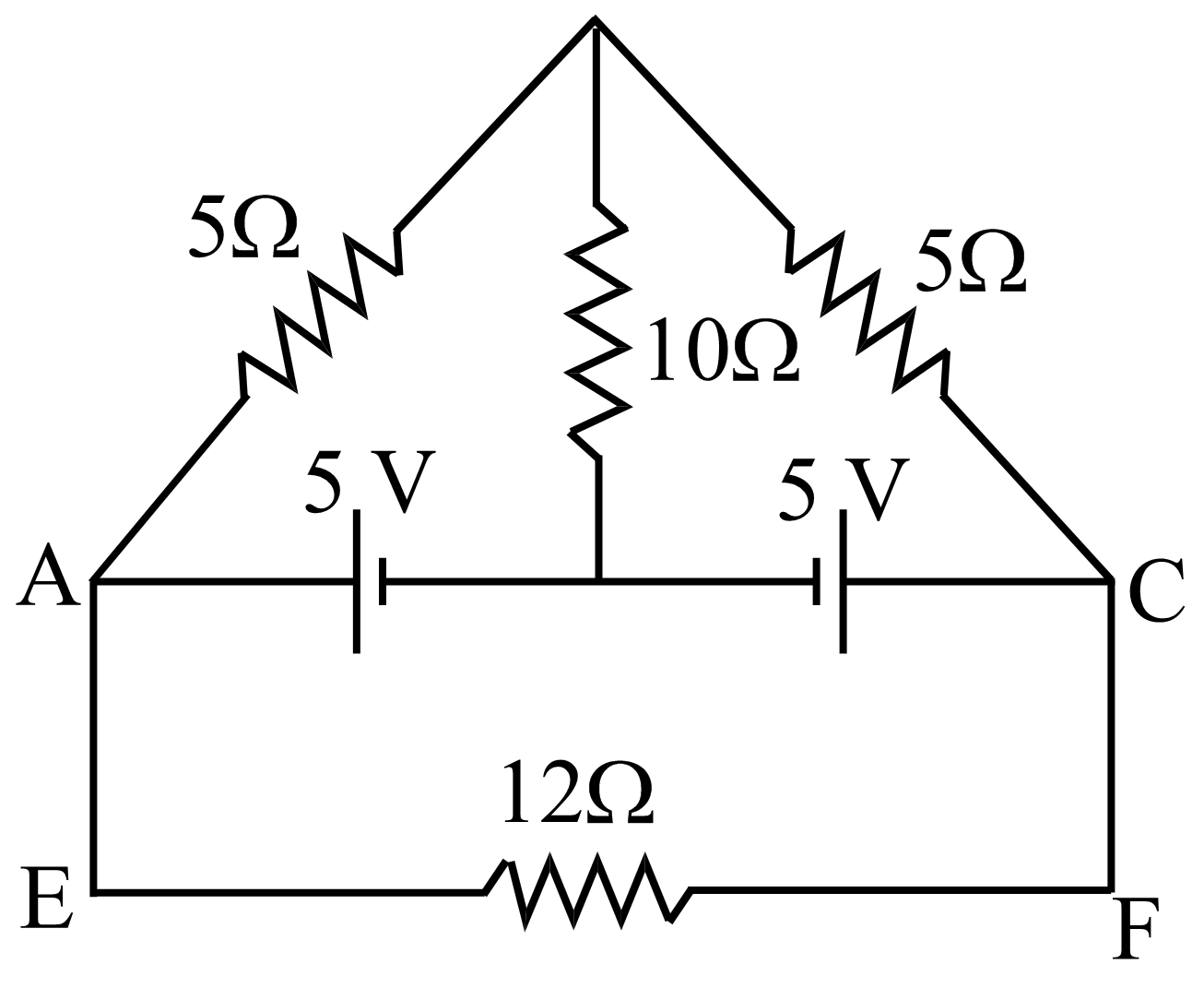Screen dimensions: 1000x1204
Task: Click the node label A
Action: coord(47,576)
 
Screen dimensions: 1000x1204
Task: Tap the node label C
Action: coord(1153,591)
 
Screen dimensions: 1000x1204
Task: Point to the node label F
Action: coord(1133,930)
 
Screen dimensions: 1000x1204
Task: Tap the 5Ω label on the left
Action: coord(243,228)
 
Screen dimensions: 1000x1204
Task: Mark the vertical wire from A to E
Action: coord(95,738)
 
